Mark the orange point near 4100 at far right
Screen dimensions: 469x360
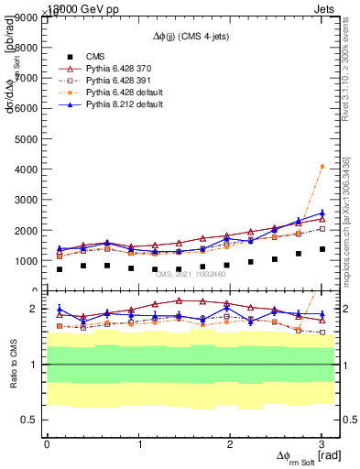coord(322,166)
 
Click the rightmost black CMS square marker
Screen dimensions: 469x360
coord(322,249)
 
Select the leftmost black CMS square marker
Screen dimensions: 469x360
coord(60,269)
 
